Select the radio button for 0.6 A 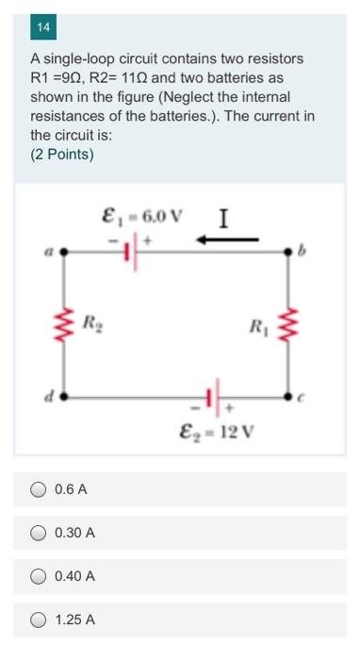[x=39, y=489]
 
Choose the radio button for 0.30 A [x=39, y=533]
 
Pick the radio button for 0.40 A [x=39, y=576]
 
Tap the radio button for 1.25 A [x=39, y=619]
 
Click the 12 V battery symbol [x=214, y=397]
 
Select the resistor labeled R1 [x=289, y=327]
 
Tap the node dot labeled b [x=289, y=253]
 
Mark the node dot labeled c [x=289, y=397]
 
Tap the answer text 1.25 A [x=75, y=619]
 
